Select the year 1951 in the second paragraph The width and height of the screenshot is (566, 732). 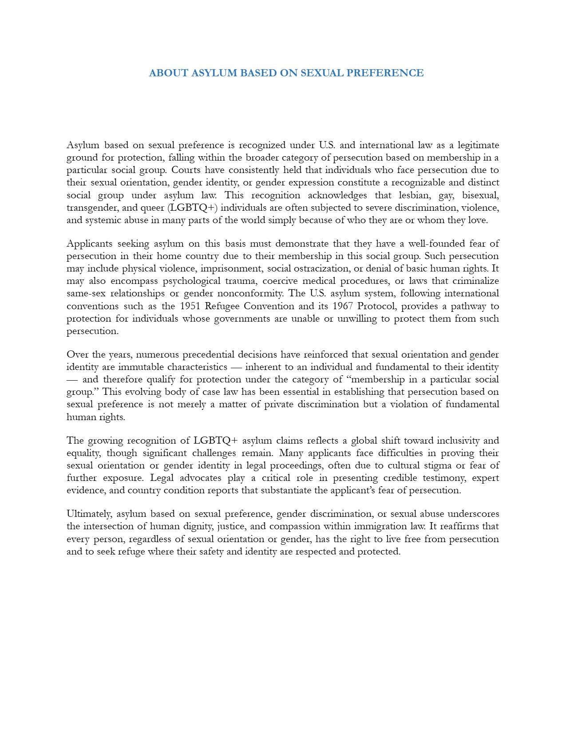pyautogui.click(x=190, y=306)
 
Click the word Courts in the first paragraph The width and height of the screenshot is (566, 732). pyautogui.click(x=186, y=170)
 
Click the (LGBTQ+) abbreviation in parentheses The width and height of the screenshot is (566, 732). pyautogui.click(x=193, y=208)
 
